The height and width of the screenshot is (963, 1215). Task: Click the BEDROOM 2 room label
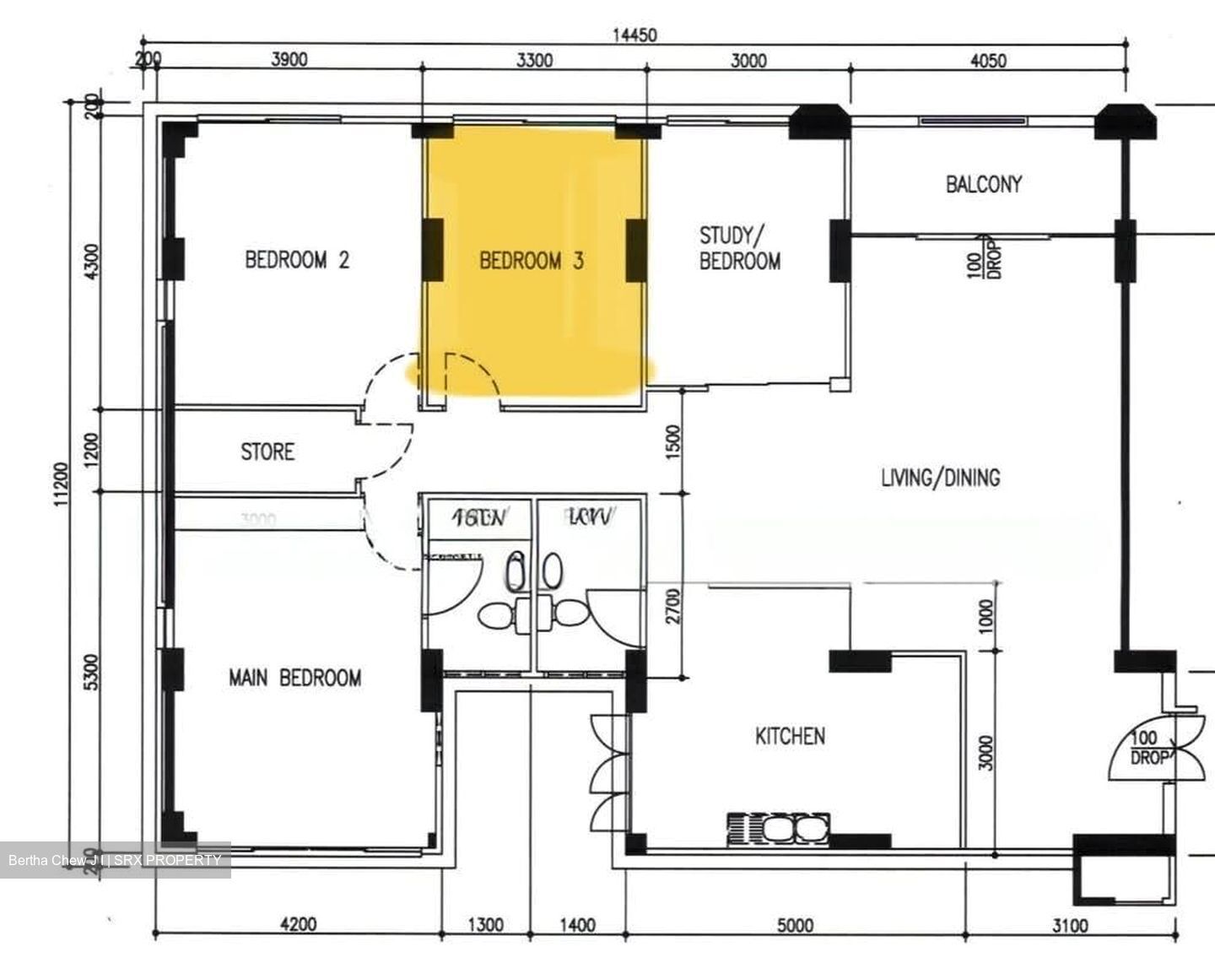pos(296,259)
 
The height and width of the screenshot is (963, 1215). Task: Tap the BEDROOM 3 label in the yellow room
pos(531,261)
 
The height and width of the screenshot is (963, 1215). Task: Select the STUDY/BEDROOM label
pos(739,248)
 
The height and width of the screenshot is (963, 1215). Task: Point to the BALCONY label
pos(983,184)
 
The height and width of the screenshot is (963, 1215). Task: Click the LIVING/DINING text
pos(940,478)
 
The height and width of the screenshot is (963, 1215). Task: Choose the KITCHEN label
pos(790,736)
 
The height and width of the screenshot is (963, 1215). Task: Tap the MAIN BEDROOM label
pos(294,678)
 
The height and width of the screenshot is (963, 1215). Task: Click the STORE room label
pos(267,452)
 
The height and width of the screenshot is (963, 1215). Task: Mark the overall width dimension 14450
pos(634,35)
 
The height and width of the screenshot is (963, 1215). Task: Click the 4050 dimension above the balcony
pos(988,60)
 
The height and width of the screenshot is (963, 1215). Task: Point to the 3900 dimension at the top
pos(289,60)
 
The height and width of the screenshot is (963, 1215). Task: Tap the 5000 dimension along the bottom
pos(794,926)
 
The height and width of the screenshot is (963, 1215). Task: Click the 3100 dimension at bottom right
pos(1069,926)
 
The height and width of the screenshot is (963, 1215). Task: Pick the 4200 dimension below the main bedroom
pos(298,924)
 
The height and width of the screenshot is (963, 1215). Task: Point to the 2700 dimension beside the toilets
pos(672,605)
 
